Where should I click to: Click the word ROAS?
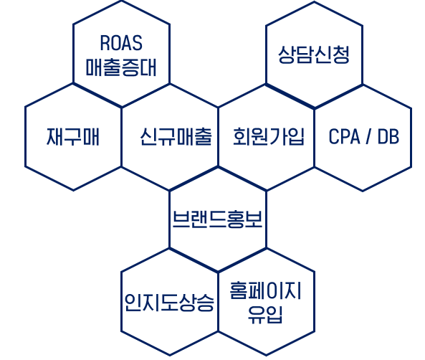pyautogui.click(x=121, y=43)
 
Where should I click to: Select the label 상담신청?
pyautogui.click(x=314, y=55)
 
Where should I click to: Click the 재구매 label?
pyautogui.click(x=73, y=137)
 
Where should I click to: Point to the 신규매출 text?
pyautogui.click(x=176, y=137)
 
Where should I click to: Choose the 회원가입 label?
pyautogui.click(x=269, y=137)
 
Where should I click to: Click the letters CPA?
pyautogui.click(x=345, y=136)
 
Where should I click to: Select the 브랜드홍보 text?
pyautogui.click(x=217, y=219)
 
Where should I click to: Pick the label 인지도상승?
pyautogui.click(x=169, y=302)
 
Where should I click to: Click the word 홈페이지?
pyautogui.click(x=266, y=290)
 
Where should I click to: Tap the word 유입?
pyautogui.click(x=266, y=315)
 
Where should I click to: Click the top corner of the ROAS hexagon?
pyautogui.click(x=121, y=1)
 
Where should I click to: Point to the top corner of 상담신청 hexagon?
pyautogui.click(x=314, y=2)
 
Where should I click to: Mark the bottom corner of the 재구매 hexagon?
pyautogui.click(x=73, y=190)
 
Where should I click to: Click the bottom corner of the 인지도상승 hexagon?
pyautogui.click(x=170, y=355)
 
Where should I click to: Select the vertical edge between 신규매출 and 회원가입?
pyautogui.click(x=218, y=137)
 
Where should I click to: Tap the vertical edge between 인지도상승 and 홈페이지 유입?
pyautogui.click(x=218, y=301)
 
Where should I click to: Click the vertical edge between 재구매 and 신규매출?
pyautogui.click(x=121, y=137)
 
